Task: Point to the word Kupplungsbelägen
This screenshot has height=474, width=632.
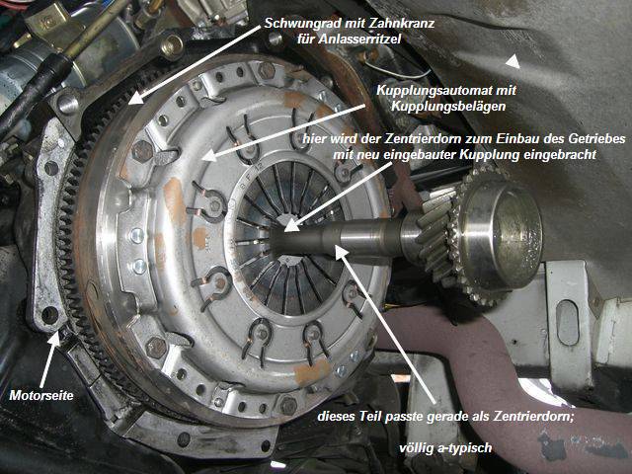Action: (x=447, y=107)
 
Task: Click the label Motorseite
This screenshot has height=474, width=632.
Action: (x=41, y=395)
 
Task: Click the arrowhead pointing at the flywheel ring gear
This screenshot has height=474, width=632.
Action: (x=136, y=98)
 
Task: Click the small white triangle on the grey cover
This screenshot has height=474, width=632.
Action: (x=513, y=61)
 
